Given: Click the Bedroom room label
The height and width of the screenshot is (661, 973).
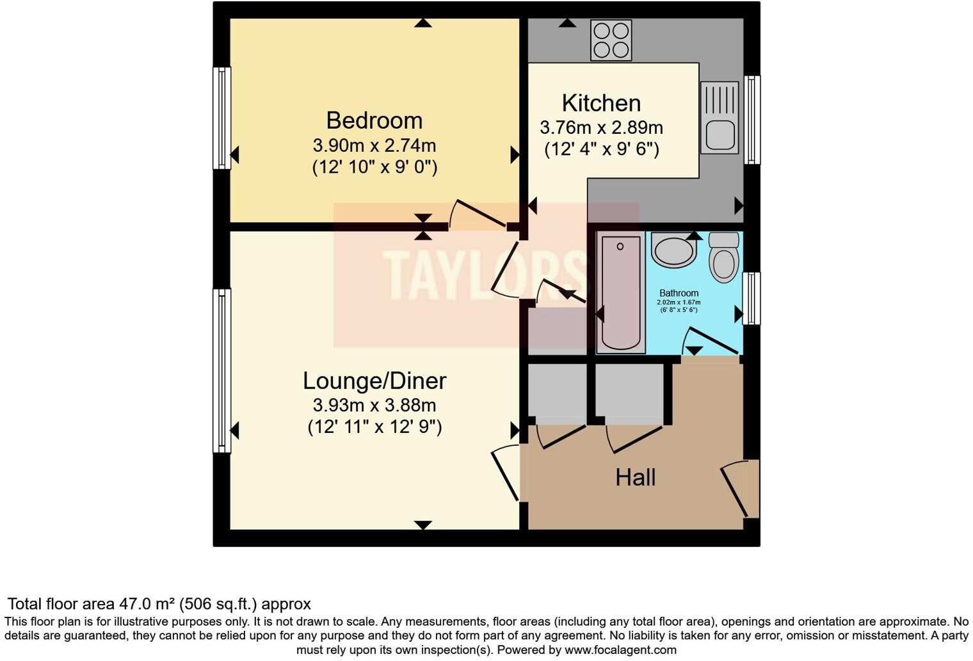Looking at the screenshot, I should click(374, 120).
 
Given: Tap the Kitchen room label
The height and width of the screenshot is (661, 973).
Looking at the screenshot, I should click(601, 103).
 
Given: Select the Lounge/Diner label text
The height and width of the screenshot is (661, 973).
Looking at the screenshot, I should click(374, 380).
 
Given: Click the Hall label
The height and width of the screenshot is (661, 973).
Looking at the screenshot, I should click(635, 477).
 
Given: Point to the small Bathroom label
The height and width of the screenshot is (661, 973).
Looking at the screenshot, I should click(679, 293).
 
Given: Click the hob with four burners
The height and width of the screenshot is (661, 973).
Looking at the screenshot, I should click(611, 40).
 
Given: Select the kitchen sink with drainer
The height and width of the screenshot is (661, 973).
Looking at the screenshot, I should click(720, 117).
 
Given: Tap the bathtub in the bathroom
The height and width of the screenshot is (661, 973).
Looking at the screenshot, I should click(620, 291).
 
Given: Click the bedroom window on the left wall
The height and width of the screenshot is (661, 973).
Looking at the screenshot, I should click(221, 118).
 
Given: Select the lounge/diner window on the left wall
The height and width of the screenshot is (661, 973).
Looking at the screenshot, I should click(221, 370).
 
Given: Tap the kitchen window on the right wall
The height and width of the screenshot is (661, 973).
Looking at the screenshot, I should click(752, 120).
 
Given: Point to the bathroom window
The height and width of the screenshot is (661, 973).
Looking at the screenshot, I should click(752, 298).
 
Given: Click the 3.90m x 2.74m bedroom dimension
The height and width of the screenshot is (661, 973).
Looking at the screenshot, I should click(374, 145).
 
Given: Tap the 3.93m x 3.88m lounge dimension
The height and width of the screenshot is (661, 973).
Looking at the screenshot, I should click(374, 405).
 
